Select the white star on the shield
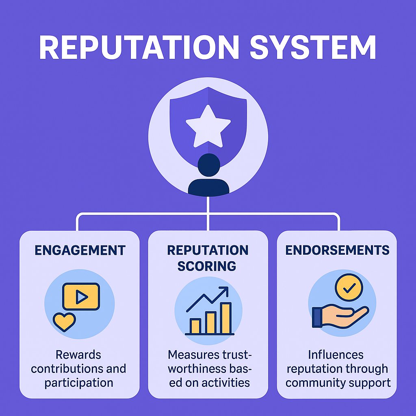pos(208,126)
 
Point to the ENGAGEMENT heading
pos(80,250)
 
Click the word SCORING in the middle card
pos(207,266)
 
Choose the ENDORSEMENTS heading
pos(337,250)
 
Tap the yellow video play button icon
pos(81,297)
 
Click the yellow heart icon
pos(65,321)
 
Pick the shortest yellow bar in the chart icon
pos(195,326)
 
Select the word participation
pos(79,383)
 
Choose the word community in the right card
pos(315,383)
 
